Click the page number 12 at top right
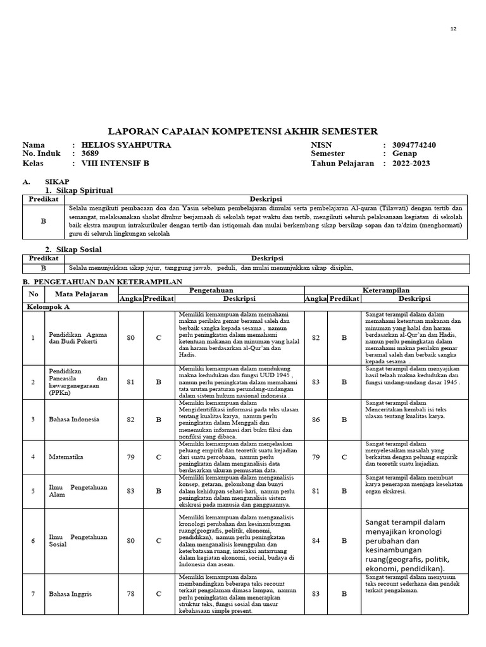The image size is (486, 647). click(452, 29)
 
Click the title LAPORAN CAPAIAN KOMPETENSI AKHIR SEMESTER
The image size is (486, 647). click(243, 131)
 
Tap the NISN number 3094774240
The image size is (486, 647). click(414, 145)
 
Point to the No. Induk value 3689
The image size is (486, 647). click(90, 154)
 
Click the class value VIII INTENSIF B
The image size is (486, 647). click(115, 163)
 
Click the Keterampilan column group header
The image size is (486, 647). click(386, 290)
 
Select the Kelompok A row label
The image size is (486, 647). click(47, 306)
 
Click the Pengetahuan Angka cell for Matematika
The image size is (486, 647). click(130, 457)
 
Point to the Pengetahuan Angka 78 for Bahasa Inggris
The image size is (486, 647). click(130, 593)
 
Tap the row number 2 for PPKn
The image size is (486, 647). click(33, 382)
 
